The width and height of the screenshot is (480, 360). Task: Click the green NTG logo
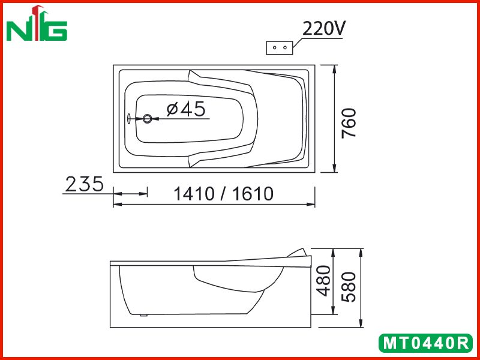click(37, 23)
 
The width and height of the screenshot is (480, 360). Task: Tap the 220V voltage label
click(324, 29)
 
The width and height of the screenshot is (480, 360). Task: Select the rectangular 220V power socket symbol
click(279, 48)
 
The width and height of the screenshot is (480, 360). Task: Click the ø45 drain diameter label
click(186, 109)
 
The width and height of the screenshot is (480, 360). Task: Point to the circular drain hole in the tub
click(147, 118)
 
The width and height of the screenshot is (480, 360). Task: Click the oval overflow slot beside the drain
click(129, 118)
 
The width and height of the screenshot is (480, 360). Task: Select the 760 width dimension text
click(349, 123)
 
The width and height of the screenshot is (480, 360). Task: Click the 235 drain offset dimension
click(85, 184)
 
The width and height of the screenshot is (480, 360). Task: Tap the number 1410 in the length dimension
click(193, 194)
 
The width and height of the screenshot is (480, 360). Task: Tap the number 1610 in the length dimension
click(253, 194)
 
